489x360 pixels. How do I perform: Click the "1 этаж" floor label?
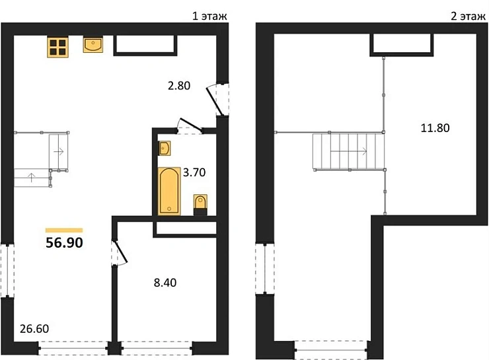[209, 16]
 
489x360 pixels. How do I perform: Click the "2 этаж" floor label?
[468, 16]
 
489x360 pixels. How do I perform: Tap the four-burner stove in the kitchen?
[57, 47]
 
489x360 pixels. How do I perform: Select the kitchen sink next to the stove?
[93, 45]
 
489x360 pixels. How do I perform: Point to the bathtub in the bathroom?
[169, 191]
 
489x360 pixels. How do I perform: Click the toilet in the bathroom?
[200, 205]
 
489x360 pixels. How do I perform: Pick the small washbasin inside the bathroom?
[165, 148]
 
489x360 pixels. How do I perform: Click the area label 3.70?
[194, 172]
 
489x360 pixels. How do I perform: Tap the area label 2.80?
[179, 86]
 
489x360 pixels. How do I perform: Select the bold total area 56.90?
[64, 243]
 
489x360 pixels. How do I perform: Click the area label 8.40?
[165, 283]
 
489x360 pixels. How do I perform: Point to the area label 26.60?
[34, 329]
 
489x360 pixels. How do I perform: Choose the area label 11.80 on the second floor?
[435, 128]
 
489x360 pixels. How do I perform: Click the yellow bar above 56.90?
[64, 231]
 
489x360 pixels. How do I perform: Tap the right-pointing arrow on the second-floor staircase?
[348, 152]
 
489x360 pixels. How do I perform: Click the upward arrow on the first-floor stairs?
[31, 178]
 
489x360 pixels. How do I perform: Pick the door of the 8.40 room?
[120, 252]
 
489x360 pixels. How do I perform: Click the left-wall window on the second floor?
[265, 269]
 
